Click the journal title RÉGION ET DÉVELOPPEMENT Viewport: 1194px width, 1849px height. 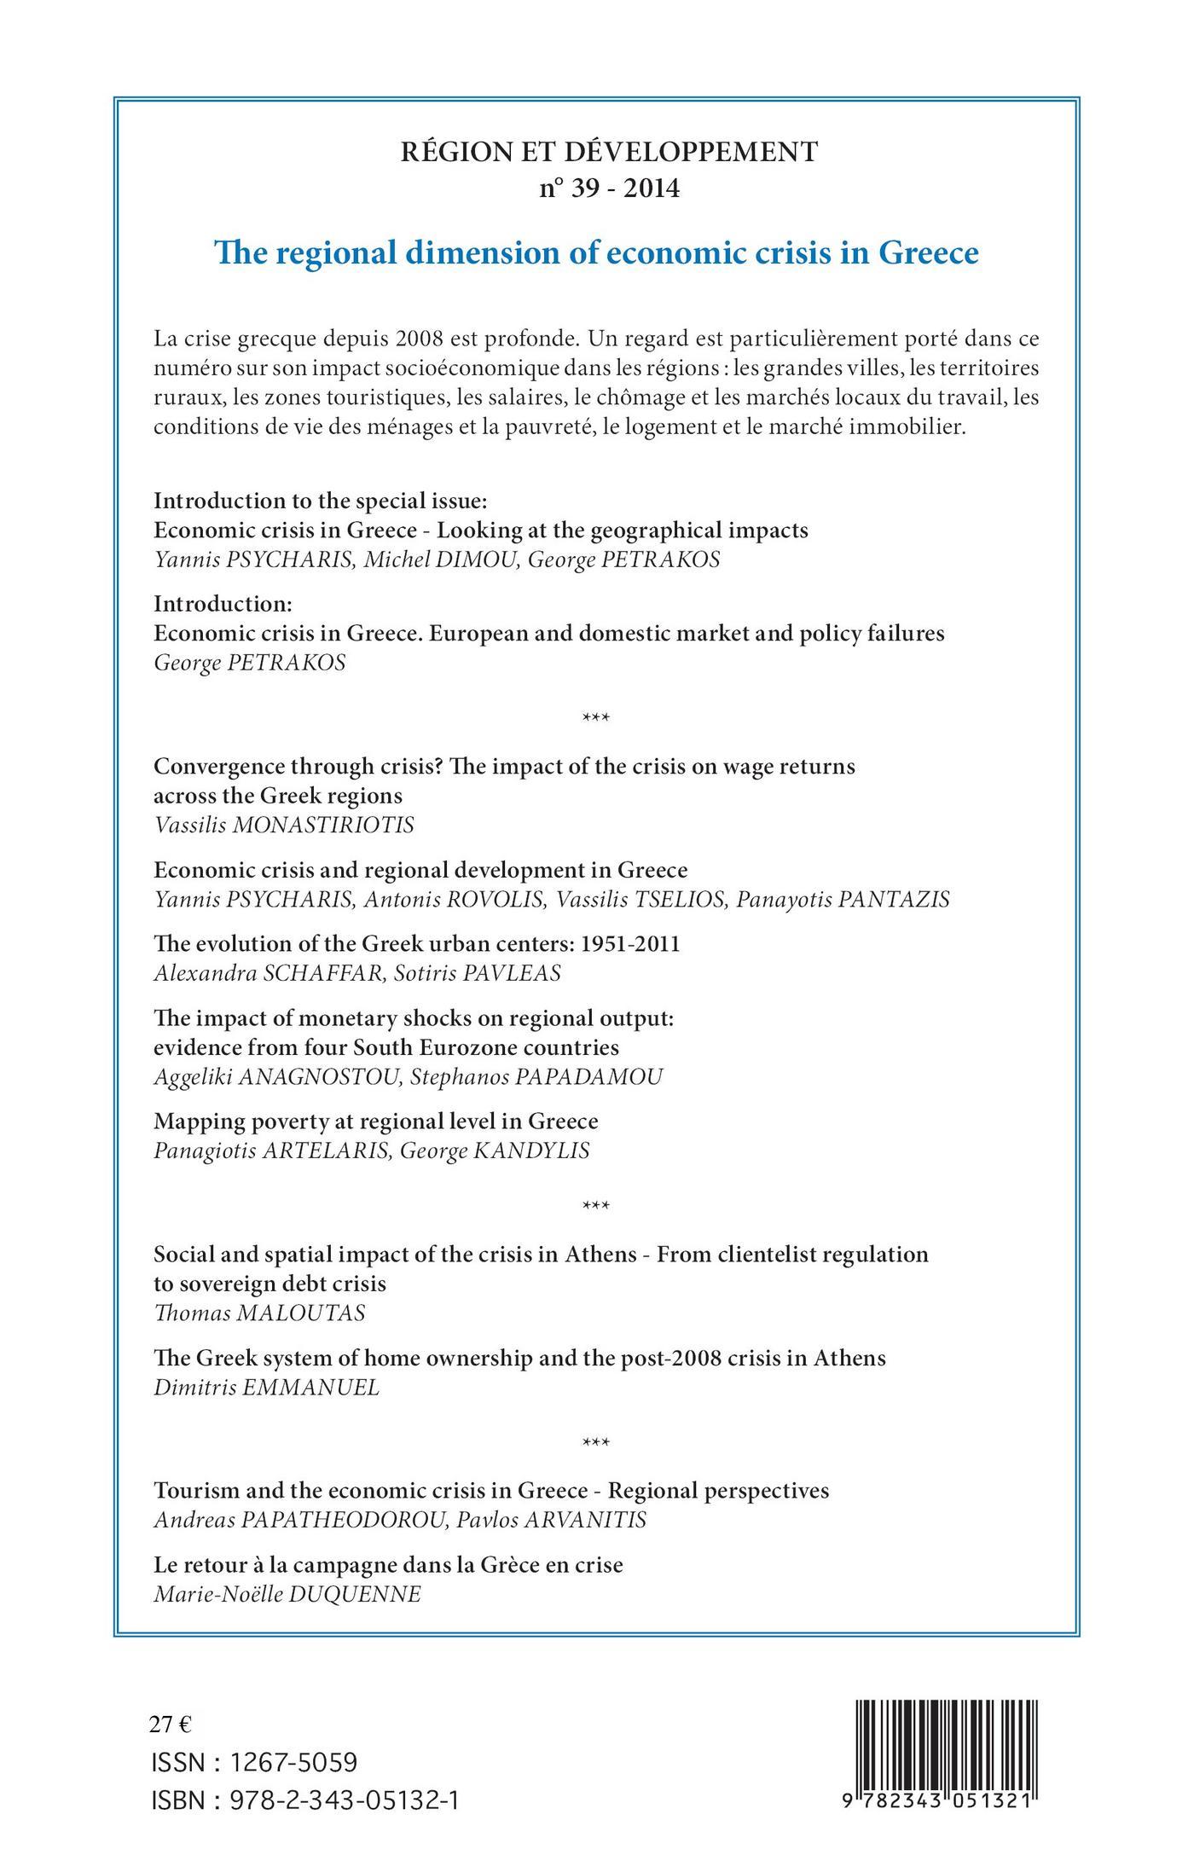click(x=609, y=152)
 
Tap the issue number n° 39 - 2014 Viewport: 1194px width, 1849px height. click(x=609, y=188)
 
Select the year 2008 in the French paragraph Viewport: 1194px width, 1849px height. click(x=419, y=339)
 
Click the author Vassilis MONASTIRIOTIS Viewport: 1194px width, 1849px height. click(x=284, y=826)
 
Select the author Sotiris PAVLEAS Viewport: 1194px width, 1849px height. click(x=478, y=974)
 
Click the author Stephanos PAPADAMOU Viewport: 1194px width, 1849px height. click(x=536, y=1077)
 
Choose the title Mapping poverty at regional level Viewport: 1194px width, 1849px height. click(x=375, y=1121)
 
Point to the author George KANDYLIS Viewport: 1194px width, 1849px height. click(x=495, y=1151)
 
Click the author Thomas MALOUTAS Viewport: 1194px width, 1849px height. click(x=259, y=1313)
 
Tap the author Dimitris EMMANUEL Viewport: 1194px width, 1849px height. click(x=266, y=1388)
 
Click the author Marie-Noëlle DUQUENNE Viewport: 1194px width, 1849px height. click(x=287, y=1595)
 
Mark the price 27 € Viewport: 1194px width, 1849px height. click(x=171, y=1724)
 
